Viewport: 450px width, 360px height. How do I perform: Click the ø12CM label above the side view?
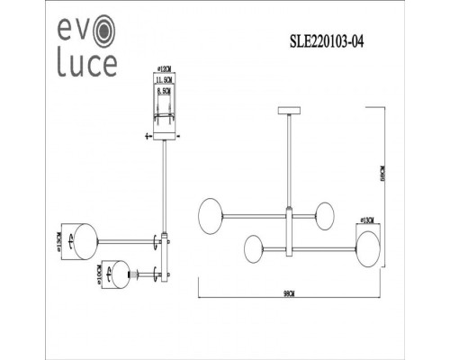click(x=163, y=68)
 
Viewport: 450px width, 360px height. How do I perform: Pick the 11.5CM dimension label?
click(x=163, y=81)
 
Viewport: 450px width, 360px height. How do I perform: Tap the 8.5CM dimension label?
click(x=163, y=91)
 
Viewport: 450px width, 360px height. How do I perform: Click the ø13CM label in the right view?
click(x=366, y=220)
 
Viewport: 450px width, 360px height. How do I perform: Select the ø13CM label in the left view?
click(x=58, y=241)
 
